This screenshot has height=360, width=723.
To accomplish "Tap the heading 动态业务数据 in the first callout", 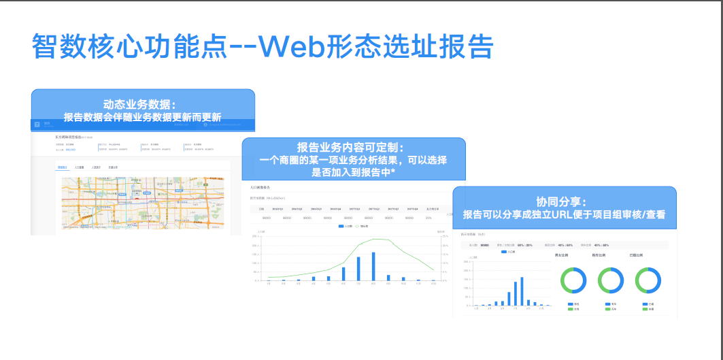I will point(139,105).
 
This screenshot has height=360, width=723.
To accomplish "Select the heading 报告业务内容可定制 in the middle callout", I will point(353,148).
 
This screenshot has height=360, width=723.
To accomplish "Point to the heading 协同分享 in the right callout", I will point(564,201).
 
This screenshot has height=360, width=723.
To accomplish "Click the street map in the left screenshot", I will point(142,203).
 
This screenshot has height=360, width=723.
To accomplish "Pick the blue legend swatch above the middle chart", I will point(341,225).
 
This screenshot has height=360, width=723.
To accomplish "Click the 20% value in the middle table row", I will point(428,218).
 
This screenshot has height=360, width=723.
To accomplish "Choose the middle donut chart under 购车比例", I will point(611,280).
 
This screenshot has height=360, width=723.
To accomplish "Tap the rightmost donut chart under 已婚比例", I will point(648,280).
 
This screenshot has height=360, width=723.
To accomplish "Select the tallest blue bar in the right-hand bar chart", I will point(522,291).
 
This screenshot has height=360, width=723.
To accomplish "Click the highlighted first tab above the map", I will point(62,166).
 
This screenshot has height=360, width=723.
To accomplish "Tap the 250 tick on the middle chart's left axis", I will point(254,236).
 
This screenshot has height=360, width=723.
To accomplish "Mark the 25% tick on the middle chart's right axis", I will point(444,236).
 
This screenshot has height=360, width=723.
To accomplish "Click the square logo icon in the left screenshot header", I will point(37,125).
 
